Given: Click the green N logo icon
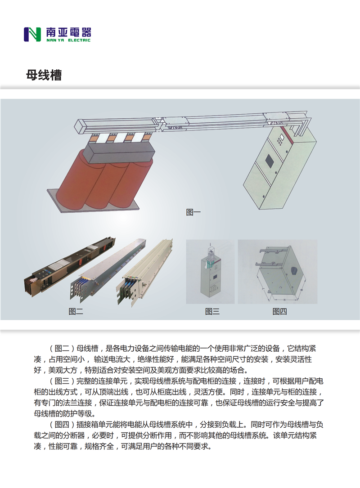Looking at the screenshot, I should (x=32, y=35).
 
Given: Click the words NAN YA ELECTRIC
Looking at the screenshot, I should (x=68, y=40).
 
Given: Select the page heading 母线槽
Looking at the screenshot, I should (x=44, y=75).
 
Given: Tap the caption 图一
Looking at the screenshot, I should (x=193, y=212).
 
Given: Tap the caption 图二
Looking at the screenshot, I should (x=76, y=311).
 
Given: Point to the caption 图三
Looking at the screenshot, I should (x=212, y=311).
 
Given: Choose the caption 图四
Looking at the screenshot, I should (x=279, y=311).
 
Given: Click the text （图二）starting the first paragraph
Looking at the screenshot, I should (x=61, y=349).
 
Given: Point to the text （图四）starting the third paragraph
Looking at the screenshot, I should (x=61, y=425).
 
